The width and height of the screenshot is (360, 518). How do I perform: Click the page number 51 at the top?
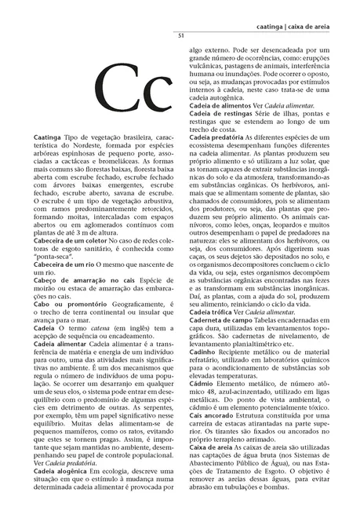180,36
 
